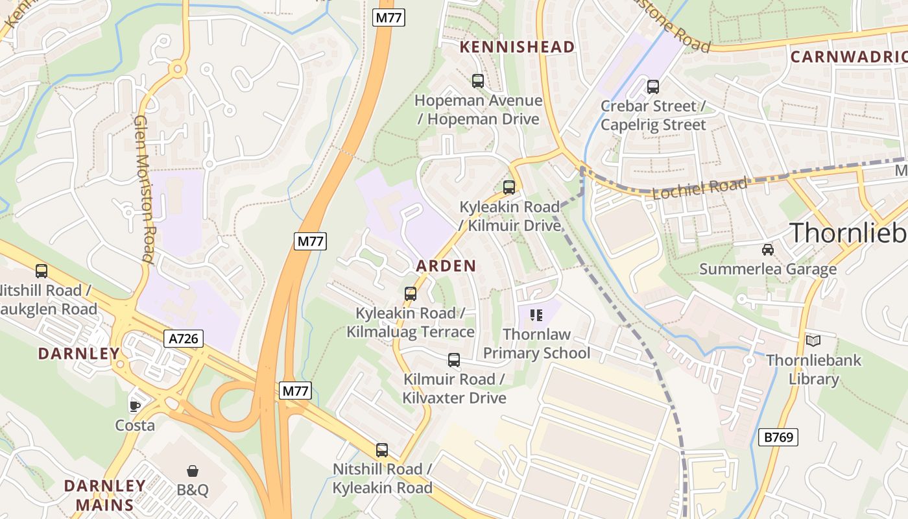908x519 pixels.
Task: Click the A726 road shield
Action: [x=184, y=338]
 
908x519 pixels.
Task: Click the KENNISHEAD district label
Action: [x=517, y=47]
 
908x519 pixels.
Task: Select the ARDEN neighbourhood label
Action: [x=446, y=265]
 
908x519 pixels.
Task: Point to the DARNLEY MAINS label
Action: [x=105, y=495]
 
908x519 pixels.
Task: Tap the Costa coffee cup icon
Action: [x=134, y=407]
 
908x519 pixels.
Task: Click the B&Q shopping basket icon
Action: [x=193, y=470]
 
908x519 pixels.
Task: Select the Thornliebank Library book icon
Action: [x=813, y=341]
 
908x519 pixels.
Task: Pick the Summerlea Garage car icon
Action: [x=767, y=249]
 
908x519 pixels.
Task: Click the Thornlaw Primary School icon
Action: [x=536, y=315]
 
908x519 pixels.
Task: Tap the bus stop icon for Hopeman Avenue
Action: [x=478, y=81]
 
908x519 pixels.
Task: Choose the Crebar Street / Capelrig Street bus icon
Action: [x=652, y=86]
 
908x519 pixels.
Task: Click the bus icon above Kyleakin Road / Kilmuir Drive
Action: [x=509, y=187]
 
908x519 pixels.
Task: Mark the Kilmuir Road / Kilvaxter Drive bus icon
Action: [x=454, y=359]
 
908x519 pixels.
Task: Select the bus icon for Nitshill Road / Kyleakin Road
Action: [x=382, y=450]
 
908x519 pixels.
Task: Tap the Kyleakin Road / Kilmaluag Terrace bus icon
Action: [x=410, y=294]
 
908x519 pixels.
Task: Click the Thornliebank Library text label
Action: [x=813, y=369]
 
